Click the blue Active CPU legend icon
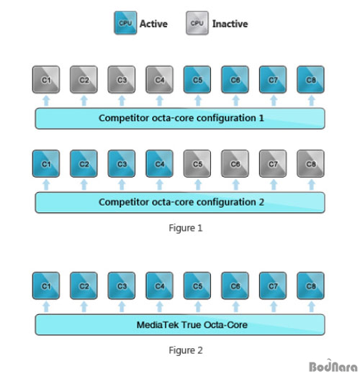pyautogui.click(x=125, y=23)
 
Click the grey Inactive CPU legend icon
pyautogui.click(x=197, y=23)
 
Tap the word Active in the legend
pyautogui.click(x=153, y=24)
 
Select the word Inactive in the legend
pyautogui.click(x=230, y=24)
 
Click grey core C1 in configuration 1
pyautogui.click(x=46, y=80)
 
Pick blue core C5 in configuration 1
pyautogui.click(x=197, y=80)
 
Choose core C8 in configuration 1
pyautogui.click(x=311, y=80)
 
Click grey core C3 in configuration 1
pyautogui.click(x=122, y=80)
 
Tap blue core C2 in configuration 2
pyautogui.click(x=84, y=164)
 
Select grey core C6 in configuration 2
pyautogui.click(x=235, y=164)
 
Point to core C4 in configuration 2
pyautogui.click(x=160, y=164)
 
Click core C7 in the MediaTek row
pyautogui.click(x=273, y=286)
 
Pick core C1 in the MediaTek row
pyautogui.click(x=46, y=286)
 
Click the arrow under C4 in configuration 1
pyautogui.click(x=160, y=101)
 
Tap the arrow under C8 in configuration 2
pyautogui.click(x=311, y=185)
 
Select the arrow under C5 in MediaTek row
pyautogui.click(x=198, y=307)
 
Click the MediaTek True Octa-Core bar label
pyautogui.click(x=192, y=325)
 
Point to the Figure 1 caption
pyautogui.click(x=186, y=228)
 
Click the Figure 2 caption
pyautogui.click(x=186, y=350)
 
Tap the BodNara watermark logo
pyautogui.click(x=333, y=366)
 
